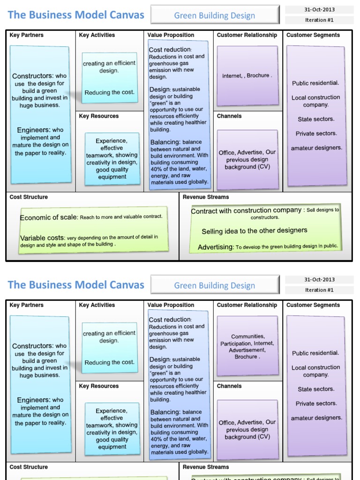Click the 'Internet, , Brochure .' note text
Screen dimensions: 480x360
coord(247,75)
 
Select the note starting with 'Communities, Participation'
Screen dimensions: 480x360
coord(247,346)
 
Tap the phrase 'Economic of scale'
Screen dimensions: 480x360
coord(49,217)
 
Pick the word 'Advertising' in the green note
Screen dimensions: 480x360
coord(215,247)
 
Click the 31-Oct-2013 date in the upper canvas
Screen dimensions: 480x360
coord(319,9)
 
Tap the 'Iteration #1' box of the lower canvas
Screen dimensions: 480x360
coord(319,290)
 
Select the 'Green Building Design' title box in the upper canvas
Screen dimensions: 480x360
coord(214,15)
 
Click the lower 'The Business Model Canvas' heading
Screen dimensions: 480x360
coord(76,285)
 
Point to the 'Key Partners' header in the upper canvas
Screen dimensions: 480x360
coord(26,35)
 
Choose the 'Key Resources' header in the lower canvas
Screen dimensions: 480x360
coord(99,386)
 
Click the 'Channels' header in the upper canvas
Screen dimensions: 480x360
coord(229,116)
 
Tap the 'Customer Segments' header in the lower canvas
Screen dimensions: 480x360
coord(313,305)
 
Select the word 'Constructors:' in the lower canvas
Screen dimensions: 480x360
coord(33,346)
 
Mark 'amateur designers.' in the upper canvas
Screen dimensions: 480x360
coord(316,148)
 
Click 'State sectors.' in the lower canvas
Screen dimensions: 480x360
coord(316,389)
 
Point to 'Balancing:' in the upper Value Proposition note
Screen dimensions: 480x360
coord(165,142)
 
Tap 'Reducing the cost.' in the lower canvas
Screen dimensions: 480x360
coord(109,362)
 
